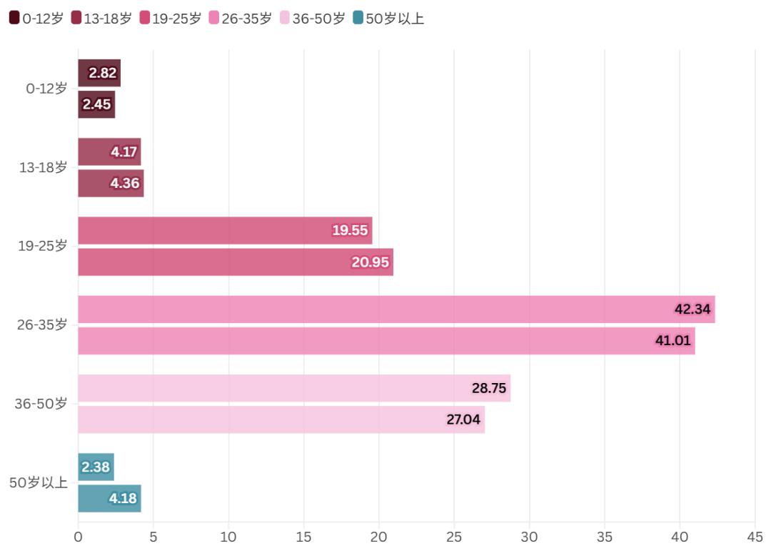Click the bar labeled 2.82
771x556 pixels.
click(x=99, y=73)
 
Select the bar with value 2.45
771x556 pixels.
click(x=96, y=104)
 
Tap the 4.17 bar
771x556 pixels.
click(x=109, y=152)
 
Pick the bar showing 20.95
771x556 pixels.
click(x=235, y=262)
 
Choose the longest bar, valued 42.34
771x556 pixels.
click(x=395, y=309)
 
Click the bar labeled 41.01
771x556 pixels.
click(x=385, y=341)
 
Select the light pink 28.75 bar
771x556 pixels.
click(x=293, y=388)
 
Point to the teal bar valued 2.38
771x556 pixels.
click(x=96, y=467)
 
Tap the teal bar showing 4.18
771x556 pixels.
click(x=109, y=499)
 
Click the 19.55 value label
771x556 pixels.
click(x=350, y=230)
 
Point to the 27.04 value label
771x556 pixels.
click(x=463, y=420)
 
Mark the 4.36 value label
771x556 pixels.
click(x=124, y=184)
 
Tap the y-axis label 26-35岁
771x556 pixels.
click(x=42, y=325)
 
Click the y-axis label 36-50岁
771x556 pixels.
click(x=41, y=404)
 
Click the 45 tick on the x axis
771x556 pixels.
click(x=755, y=536)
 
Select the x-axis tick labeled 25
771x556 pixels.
click(x=454, y=536)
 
